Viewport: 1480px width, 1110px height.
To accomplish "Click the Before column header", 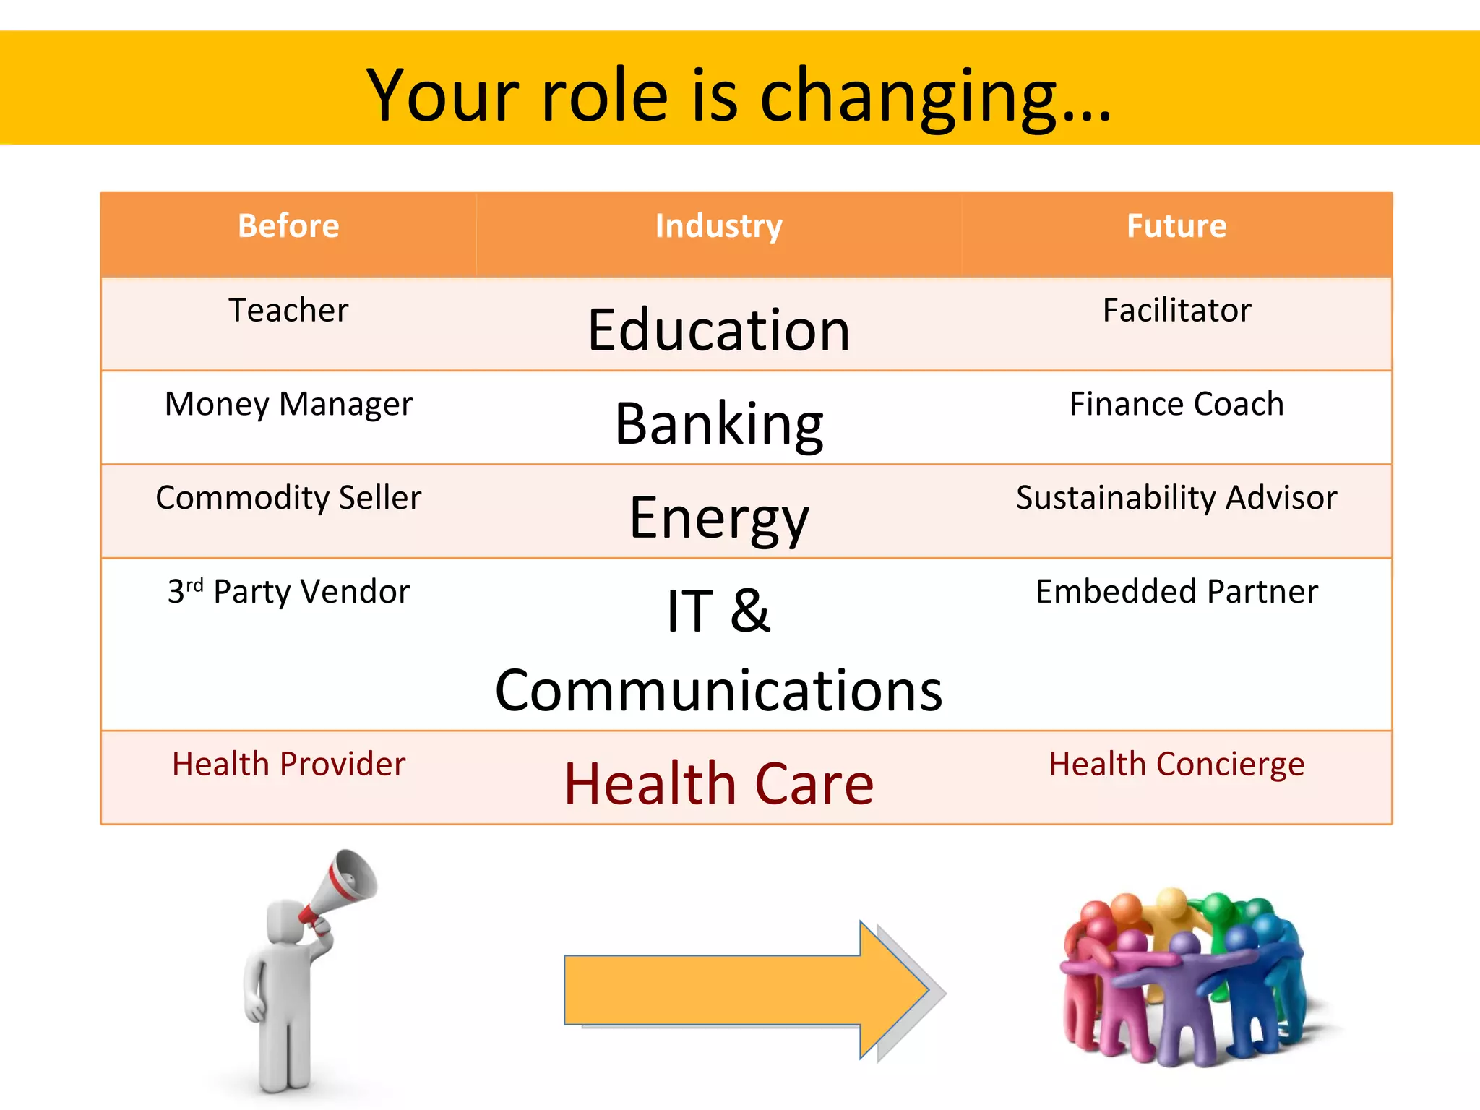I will coord(288,226).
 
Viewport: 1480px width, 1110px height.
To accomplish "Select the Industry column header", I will coord(718,226).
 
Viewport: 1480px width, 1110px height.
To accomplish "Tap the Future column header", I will coord(1176,226).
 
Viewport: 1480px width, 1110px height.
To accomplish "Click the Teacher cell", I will coord(288,311).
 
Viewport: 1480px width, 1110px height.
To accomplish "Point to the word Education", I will coord(718,330).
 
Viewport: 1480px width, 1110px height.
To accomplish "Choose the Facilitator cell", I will coord(1176,311).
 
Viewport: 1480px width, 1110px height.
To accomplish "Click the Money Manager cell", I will coord(288,405).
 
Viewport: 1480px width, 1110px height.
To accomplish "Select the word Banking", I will coord(718,424).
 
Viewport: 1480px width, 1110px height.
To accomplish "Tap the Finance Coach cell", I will coord(1176,404).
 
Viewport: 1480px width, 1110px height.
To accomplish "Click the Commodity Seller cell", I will coord(288,498).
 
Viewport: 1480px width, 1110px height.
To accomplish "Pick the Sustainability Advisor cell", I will coord(1176,498).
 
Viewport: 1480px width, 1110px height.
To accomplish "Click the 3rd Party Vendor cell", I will coord(288,592).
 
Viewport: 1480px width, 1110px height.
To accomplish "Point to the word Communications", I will coord(718,691).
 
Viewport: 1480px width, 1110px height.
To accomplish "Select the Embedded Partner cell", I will coord(1176,592).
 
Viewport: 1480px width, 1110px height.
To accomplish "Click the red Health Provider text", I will coord(288,765).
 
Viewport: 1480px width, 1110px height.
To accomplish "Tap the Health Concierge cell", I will coord(1176,765).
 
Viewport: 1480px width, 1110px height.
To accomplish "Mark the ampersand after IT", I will coord(750,611).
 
